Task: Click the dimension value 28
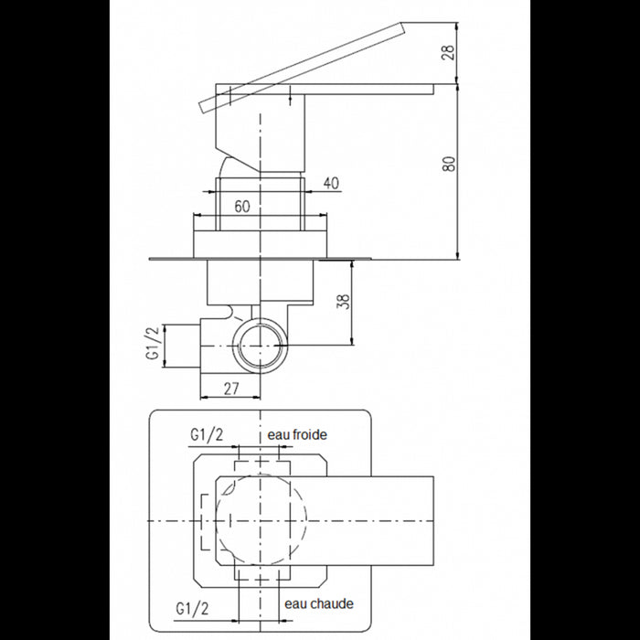point(449,52)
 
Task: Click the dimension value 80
point(449,164)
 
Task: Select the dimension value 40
point(331,183)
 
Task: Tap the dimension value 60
point(242,206)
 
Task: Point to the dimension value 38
point(345,302)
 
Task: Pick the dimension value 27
point(231,389)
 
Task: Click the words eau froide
point(297,434)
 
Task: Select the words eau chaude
point(319,603)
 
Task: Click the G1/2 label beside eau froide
point(207,435)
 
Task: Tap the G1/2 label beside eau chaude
point(192,609)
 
